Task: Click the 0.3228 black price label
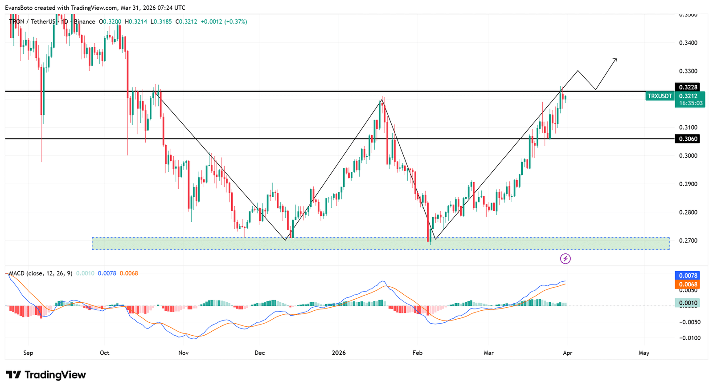pos(687,87)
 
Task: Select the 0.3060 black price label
pos(687,139)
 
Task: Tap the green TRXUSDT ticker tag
pos(659,96)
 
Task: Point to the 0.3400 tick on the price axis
pos(688,43)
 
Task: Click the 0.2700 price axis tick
pos(688,241)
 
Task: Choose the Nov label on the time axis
pos(183,353)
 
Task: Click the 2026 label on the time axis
pos(339,353)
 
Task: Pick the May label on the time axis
pos(644,353)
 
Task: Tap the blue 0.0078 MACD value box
pos(687,276)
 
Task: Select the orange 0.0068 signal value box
pos(687,284)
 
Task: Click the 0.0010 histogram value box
pos(687,303)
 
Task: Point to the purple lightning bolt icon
pos(565,259)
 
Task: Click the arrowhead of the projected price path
pos(616,59)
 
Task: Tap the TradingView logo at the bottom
pos(46,375)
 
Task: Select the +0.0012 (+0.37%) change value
pos(224,22)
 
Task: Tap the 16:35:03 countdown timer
pos(690,103)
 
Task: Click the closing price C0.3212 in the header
pos(186,22)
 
